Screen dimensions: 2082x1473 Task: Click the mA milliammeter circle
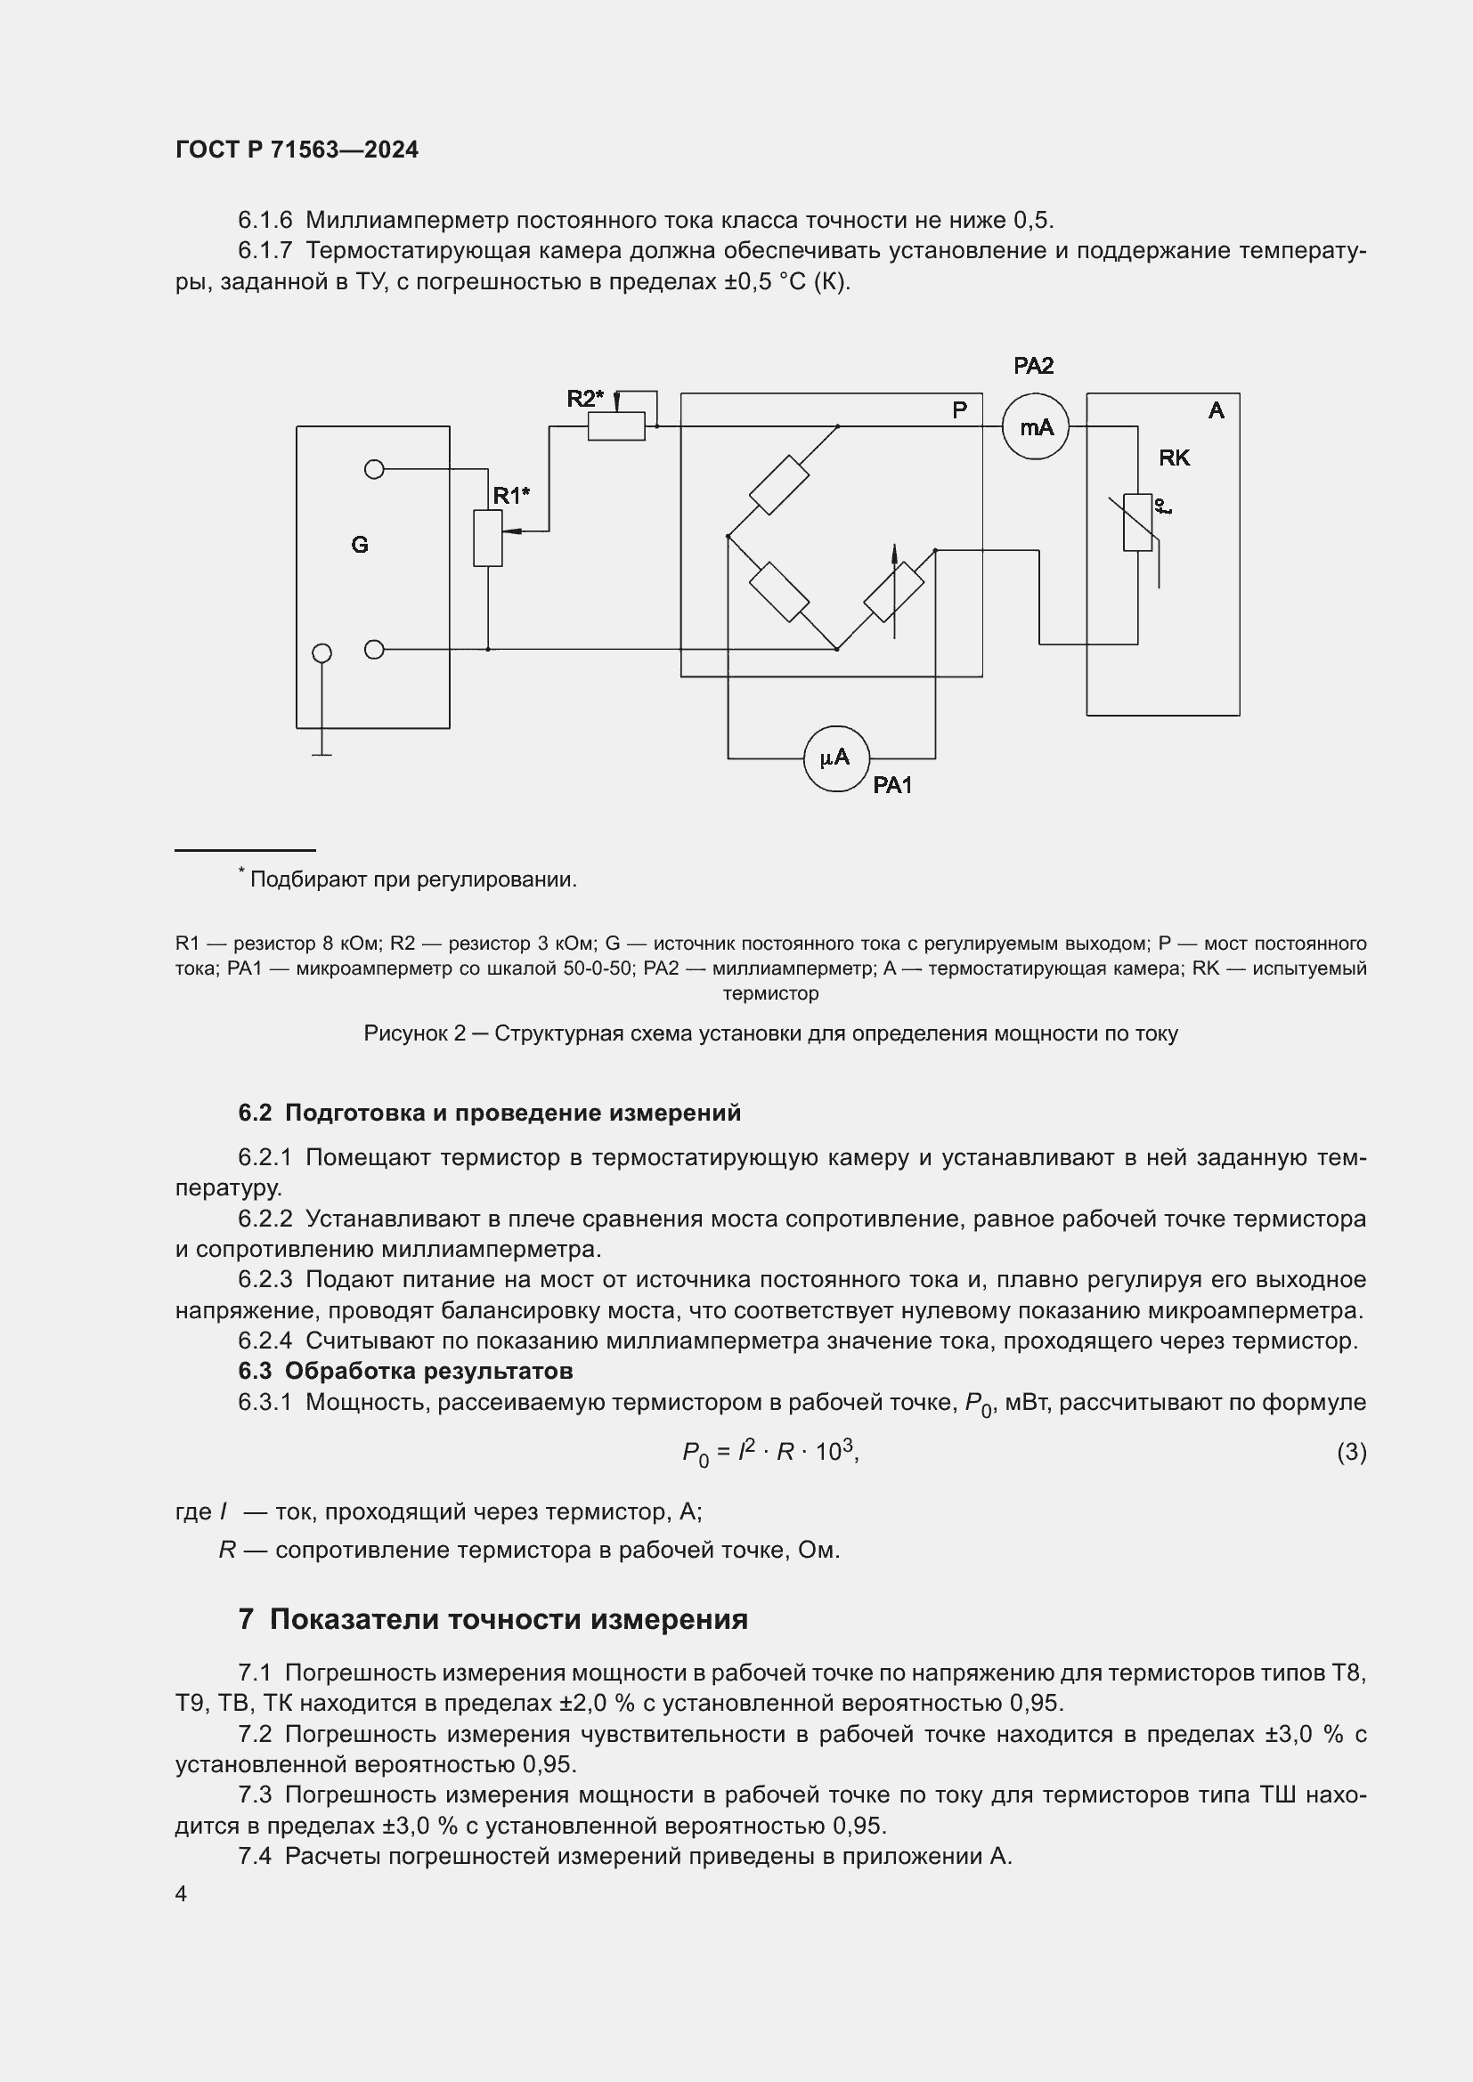[1035, 426]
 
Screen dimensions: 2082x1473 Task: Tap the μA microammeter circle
[836, 758]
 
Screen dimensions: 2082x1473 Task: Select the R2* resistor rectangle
[616, 426]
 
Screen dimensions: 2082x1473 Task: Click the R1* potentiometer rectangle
[488, 538]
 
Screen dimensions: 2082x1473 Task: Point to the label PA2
[1033, 366]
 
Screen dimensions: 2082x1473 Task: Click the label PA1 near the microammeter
[892, 785]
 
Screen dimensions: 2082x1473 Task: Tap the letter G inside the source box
[359, 544]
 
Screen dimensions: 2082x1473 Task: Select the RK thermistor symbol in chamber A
[1137, 523]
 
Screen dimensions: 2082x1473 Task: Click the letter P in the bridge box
[960, 409]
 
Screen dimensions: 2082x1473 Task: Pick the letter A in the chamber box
[1217, 410]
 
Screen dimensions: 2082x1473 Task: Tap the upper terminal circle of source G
[374, 469]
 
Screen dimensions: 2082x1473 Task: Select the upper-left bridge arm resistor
[779, 485]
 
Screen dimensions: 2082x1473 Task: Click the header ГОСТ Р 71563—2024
[297, 150]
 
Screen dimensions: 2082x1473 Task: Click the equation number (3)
[1351, 1452]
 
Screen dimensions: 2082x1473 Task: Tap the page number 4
[181, 1893]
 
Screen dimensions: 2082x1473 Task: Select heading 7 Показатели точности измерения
[492, 1618]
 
